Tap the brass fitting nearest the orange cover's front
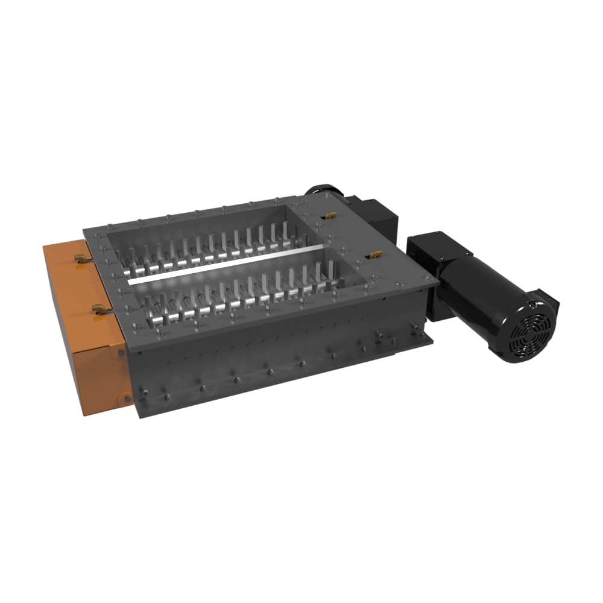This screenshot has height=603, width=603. click(97, 309)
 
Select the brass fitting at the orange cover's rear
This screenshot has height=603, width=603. click(78, 258)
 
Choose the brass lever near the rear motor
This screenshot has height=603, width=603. click(329, 215)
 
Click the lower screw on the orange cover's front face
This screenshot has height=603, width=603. click(127, 397)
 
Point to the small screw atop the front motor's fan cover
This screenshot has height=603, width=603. click(532, 303)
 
